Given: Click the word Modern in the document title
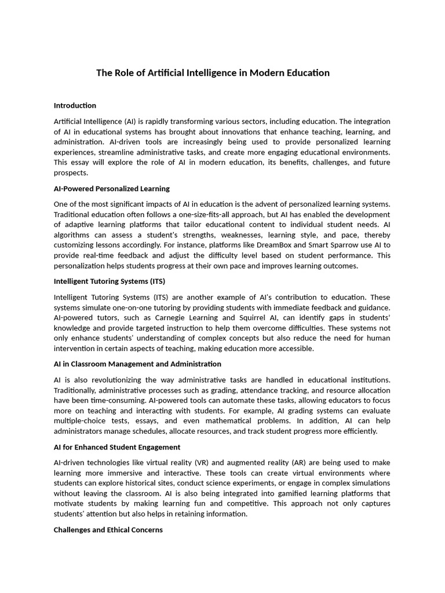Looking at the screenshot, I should pos(264,73).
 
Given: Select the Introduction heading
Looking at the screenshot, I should pos(75,105).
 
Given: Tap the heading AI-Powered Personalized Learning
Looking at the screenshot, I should pos(111,189).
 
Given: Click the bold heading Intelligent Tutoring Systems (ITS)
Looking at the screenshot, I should pos(109,281).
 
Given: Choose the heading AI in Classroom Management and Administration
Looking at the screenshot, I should pos(137,364).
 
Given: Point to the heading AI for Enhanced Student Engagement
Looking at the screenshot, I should pos(116,447).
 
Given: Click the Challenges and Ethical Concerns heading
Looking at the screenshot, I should pos(108,530).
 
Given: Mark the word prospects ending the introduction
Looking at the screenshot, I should pos(71,173).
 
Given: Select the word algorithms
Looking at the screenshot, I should pos(72,235).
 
